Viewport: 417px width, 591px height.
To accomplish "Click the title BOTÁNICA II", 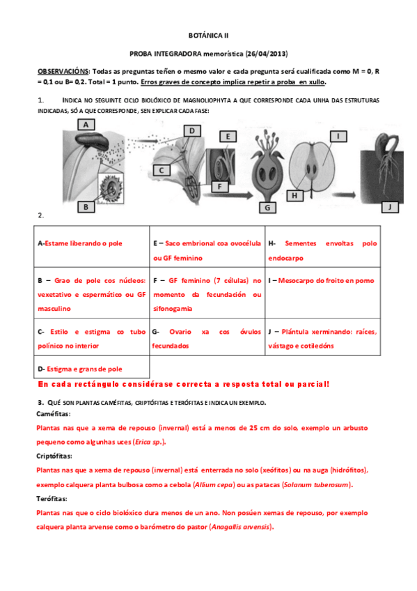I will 208,34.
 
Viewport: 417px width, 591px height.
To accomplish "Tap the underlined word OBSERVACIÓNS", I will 63,72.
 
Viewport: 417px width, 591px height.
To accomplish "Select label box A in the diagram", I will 86,124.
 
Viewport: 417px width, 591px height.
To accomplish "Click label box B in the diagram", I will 86,206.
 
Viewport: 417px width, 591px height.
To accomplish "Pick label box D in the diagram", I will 191,130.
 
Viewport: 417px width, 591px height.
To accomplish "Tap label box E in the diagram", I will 228,137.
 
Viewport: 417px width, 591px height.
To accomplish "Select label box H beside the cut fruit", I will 295,197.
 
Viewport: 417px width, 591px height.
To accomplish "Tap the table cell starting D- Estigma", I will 91,368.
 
